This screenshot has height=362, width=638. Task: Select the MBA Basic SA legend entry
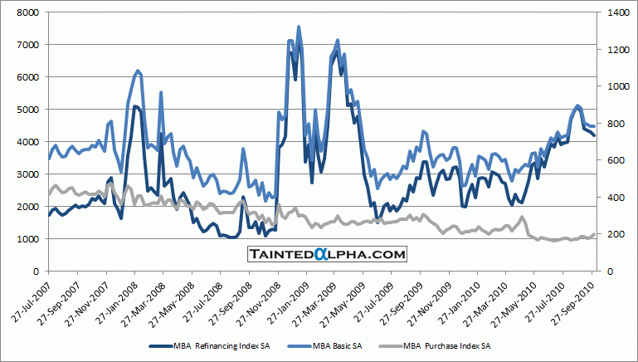point(332,345)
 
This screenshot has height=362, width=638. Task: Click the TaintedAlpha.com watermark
point(327,254)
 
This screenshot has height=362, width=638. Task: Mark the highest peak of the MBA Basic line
point(299,27)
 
